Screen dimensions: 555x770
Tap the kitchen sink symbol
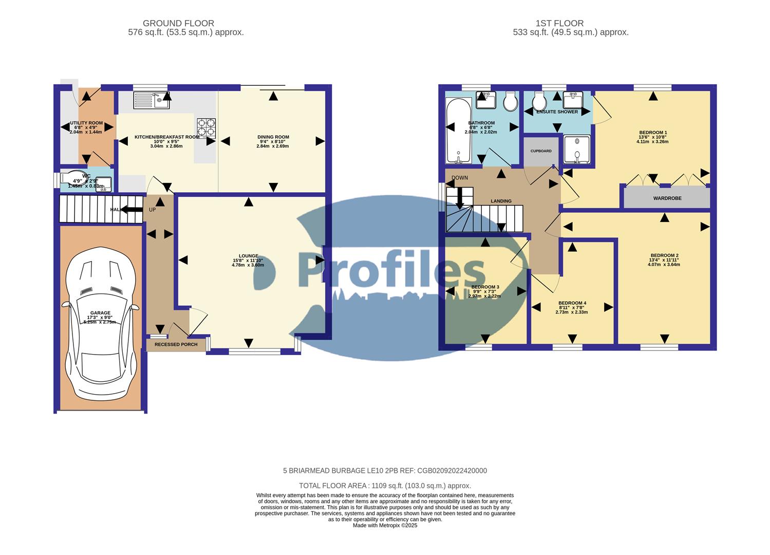tap(152, 100)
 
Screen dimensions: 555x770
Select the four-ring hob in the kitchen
tap(206, 128)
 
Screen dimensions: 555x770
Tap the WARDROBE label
tap(667, 198)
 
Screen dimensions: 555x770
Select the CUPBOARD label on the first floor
tap(541, 151)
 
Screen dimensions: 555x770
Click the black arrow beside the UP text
tap(132, 209)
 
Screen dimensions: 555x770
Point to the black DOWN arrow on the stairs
tap(460, 198)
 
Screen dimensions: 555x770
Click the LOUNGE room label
tap(248, 256)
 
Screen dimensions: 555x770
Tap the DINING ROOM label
tap(273, 137)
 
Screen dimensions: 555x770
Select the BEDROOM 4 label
tap(572, 303)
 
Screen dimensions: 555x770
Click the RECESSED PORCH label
tap(176, 344)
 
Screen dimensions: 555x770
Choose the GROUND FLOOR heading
tap(178, 23)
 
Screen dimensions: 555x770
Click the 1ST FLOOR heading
tap(559, 23)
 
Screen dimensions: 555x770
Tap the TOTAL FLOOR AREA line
tap(385, 486)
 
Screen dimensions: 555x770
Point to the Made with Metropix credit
tap(385, 525)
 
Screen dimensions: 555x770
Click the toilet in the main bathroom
tap(510, 102)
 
